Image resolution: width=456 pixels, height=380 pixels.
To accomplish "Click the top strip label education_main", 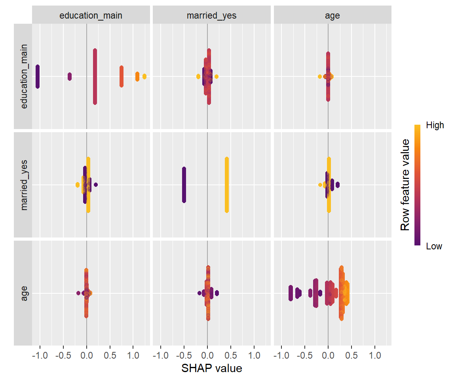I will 91,16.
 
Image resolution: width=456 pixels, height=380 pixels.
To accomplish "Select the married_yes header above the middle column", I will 212,16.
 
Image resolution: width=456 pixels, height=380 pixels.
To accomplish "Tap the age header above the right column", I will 332,16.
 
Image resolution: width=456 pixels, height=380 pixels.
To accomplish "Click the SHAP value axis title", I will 212,368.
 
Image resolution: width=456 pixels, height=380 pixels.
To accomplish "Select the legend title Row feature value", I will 405,185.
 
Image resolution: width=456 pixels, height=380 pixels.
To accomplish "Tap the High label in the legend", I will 435,125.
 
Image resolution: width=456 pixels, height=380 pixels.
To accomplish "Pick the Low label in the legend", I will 434,246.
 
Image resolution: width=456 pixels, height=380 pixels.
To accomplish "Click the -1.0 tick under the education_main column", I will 39,355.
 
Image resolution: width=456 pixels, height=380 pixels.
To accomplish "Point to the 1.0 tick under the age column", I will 375,355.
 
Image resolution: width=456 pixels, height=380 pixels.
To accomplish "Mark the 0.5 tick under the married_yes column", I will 231,355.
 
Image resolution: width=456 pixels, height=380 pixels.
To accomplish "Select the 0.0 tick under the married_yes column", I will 207,355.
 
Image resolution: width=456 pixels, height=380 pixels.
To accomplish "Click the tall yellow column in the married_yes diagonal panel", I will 227,184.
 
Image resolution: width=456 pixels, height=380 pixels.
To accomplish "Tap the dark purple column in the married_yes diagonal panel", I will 184,184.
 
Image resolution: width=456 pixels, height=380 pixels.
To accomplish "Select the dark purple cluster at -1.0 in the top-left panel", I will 38,76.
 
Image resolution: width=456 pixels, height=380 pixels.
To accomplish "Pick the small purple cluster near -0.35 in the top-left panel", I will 70,76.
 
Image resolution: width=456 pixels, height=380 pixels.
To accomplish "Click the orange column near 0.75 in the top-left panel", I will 122,76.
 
